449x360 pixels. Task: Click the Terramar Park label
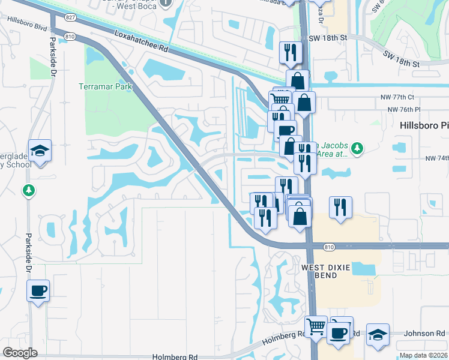[105, 86]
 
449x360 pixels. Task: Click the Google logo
[20, 352]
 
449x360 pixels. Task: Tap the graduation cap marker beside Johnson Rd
[378, 334]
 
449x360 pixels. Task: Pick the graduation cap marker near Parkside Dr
[40, 150]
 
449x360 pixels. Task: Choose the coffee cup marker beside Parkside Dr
[38, 291]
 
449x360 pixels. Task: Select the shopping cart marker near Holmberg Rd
[316, 327]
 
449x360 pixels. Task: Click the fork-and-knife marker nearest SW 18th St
[289, 52]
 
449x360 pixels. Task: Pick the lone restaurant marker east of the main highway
[340, 207]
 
